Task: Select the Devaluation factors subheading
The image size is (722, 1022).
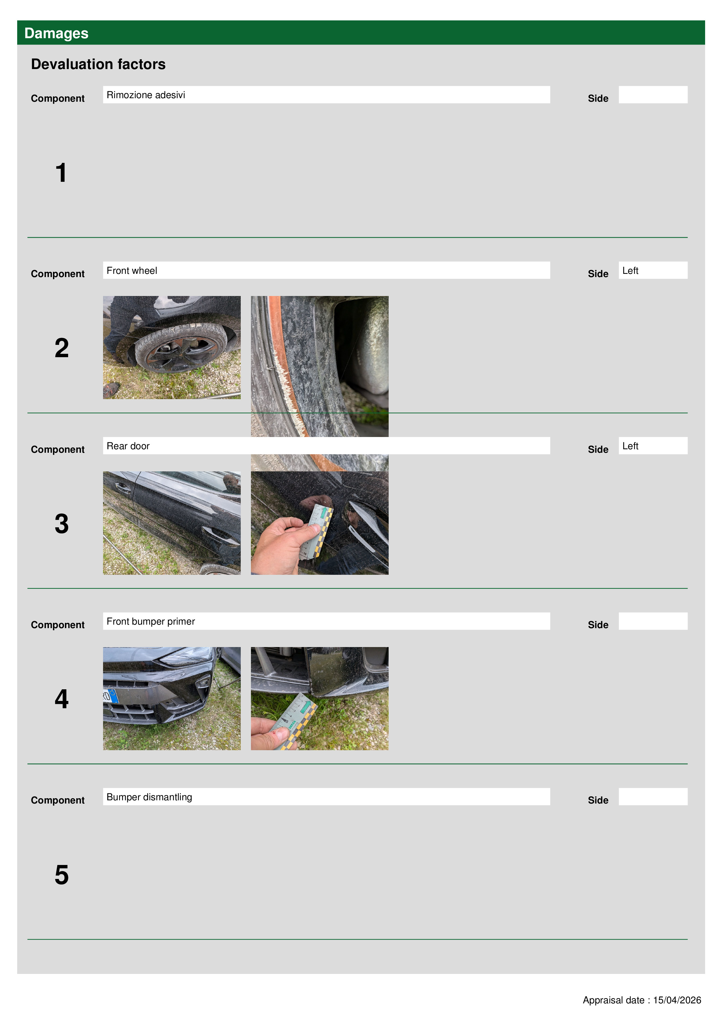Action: coord(98,64)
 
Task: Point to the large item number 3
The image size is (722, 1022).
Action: coord(62,524)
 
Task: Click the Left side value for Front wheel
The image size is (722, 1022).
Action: coord(653,270)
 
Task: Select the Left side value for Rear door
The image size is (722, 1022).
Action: coord(653,445)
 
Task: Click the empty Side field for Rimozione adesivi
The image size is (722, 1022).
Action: coord(653,95)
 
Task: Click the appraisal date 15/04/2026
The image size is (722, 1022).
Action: coord(677,1000)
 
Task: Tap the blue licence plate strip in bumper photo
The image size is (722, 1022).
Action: coord(113,696)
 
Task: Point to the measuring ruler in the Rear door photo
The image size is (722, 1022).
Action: coord(317,531)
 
